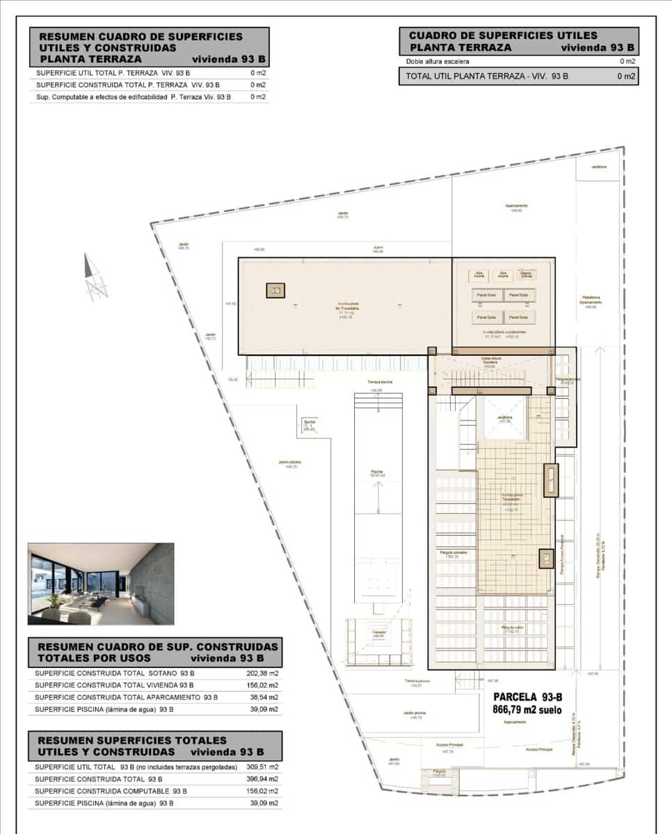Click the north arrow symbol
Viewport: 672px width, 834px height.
pos(94,278)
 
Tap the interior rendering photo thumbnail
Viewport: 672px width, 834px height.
pos(101,584)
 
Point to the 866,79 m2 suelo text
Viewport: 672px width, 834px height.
pos(527,710)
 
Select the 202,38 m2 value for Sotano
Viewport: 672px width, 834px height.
pos(264,673)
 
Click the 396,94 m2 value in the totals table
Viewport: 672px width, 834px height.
pos(264,779)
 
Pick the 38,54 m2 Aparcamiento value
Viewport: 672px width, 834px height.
pos(264,697)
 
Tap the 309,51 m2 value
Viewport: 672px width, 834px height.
pos(264,767)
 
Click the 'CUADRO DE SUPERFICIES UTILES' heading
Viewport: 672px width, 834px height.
pos(502,35)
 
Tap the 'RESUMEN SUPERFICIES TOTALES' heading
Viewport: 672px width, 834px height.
pos(132,740)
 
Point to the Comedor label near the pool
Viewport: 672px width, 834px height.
pos(378,632)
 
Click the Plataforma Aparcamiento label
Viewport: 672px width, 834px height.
pos(590,300)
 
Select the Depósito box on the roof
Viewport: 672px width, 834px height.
pos(527,275)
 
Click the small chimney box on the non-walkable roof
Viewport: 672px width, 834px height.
pos(275,291)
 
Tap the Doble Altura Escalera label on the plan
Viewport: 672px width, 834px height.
pos(490,361)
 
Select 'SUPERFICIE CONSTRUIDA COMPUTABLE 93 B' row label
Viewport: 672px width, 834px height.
pos(111,791)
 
